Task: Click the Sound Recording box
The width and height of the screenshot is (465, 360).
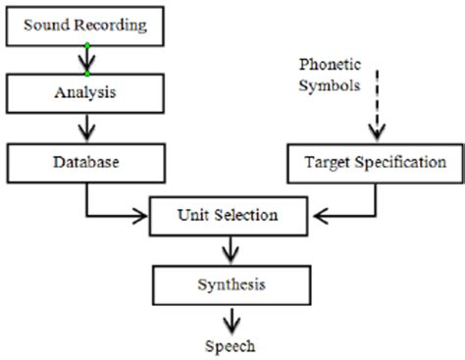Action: click(x=85, y=24)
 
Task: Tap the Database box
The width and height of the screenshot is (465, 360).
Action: click(x=85, y=159)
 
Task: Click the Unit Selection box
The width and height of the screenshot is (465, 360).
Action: click(x=229, y=215)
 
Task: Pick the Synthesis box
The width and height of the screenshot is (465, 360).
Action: click(x=228, y=284)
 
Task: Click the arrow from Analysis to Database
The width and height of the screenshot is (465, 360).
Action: click(x=85, y=128)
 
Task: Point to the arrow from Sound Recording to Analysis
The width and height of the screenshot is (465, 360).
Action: click(x=87, y=60)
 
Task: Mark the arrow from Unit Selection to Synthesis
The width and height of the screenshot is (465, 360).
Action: click(x=229, y=250)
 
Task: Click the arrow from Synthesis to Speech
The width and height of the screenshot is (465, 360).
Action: click(x=229, y=319)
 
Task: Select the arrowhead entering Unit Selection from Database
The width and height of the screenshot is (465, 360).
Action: click(x=140, y=215)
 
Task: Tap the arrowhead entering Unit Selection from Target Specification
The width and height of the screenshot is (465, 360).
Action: click(x=317, y=215)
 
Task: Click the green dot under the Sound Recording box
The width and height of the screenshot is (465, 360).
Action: click(x=86, y=45)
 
